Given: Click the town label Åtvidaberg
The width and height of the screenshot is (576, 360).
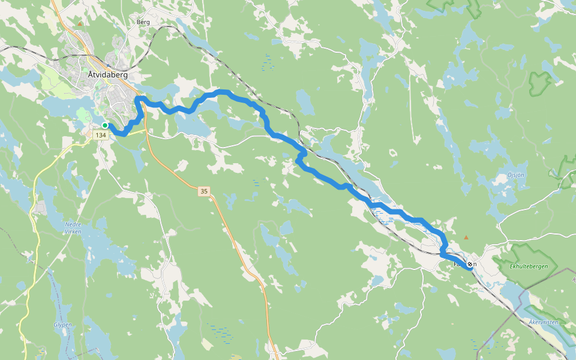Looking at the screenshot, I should tap(107, 76).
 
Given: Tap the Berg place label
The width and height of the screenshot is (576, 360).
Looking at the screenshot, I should tap(143, 22).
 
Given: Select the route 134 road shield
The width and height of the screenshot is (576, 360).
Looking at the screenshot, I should tap(100, 136).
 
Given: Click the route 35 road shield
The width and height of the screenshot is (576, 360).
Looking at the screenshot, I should tap(204, 191).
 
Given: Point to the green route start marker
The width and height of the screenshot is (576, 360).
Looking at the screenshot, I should tap(104, 125).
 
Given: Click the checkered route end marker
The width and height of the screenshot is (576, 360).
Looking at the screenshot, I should tap(469, 264).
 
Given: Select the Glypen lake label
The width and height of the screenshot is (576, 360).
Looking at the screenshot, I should tap(62, 325).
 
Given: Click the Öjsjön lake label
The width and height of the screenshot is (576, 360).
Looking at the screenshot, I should tap(515, 176).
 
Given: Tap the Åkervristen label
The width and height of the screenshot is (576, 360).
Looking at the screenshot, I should tap(543, 322).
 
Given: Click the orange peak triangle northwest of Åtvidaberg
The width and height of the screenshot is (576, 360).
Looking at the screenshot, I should tap(80, 24).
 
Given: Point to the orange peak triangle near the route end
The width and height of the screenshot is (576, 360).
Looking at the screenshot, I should tap(466, 238).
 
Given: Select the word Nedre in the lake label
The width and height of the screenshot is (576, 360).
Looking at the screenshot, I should tap(73, 224).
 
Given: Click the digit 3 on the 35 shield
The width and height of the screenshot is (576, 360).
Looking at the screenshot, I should tap(202, 191).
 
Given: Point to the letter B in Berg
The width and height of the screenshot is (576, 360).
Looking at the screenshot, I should tap(139, 22).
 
